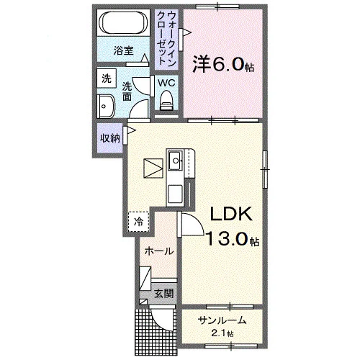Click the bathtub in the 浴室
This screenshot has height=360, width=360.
point(123,23)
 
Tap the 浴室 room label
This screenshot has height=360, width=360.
point(123,51)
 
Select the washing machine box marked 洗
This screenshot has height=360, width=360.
point(107,78)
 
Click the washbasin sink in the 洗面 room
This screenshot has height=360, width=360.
point(106,107)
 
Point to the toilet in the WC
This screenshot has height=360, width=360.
point(166,100)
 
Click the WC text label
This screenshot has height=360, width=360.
point(166,83)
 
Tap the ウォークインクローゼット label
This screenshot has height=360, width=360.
point(166,37)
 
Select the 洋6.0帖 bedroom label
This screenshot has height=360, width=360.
point(223,64)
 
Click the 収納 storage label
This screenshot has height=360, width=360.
point(110,138)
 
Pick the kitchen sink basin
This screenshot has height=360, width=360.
point(176,161)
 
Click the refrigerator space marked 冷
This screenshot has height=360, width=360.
point(138,222)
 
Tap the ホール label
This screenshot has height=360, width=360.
point(158,251)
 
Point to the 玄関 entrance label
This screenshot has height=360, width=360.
point(163,293)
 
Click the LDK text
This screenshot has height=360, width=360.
point(231,214)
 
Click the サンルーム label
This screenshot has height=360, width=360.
point(222,320)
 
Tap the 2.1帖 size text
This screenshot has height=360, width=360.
point(222,333)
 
